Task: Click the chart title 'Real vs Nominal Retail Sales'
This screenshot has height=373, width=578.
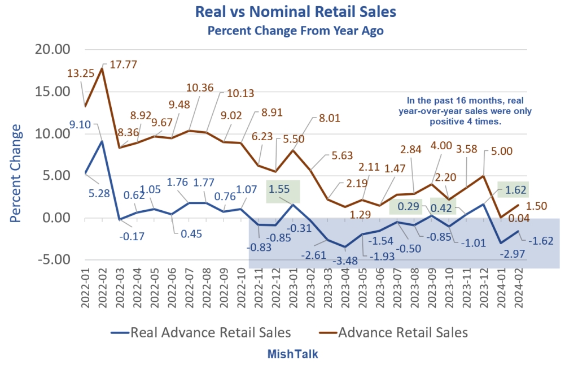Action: click(295, 11)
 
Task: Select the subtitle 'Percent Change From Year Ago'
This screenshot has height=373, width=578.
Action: click(295, 31)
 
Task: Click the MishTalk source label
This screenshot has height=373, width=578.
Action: click(292, 354)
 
